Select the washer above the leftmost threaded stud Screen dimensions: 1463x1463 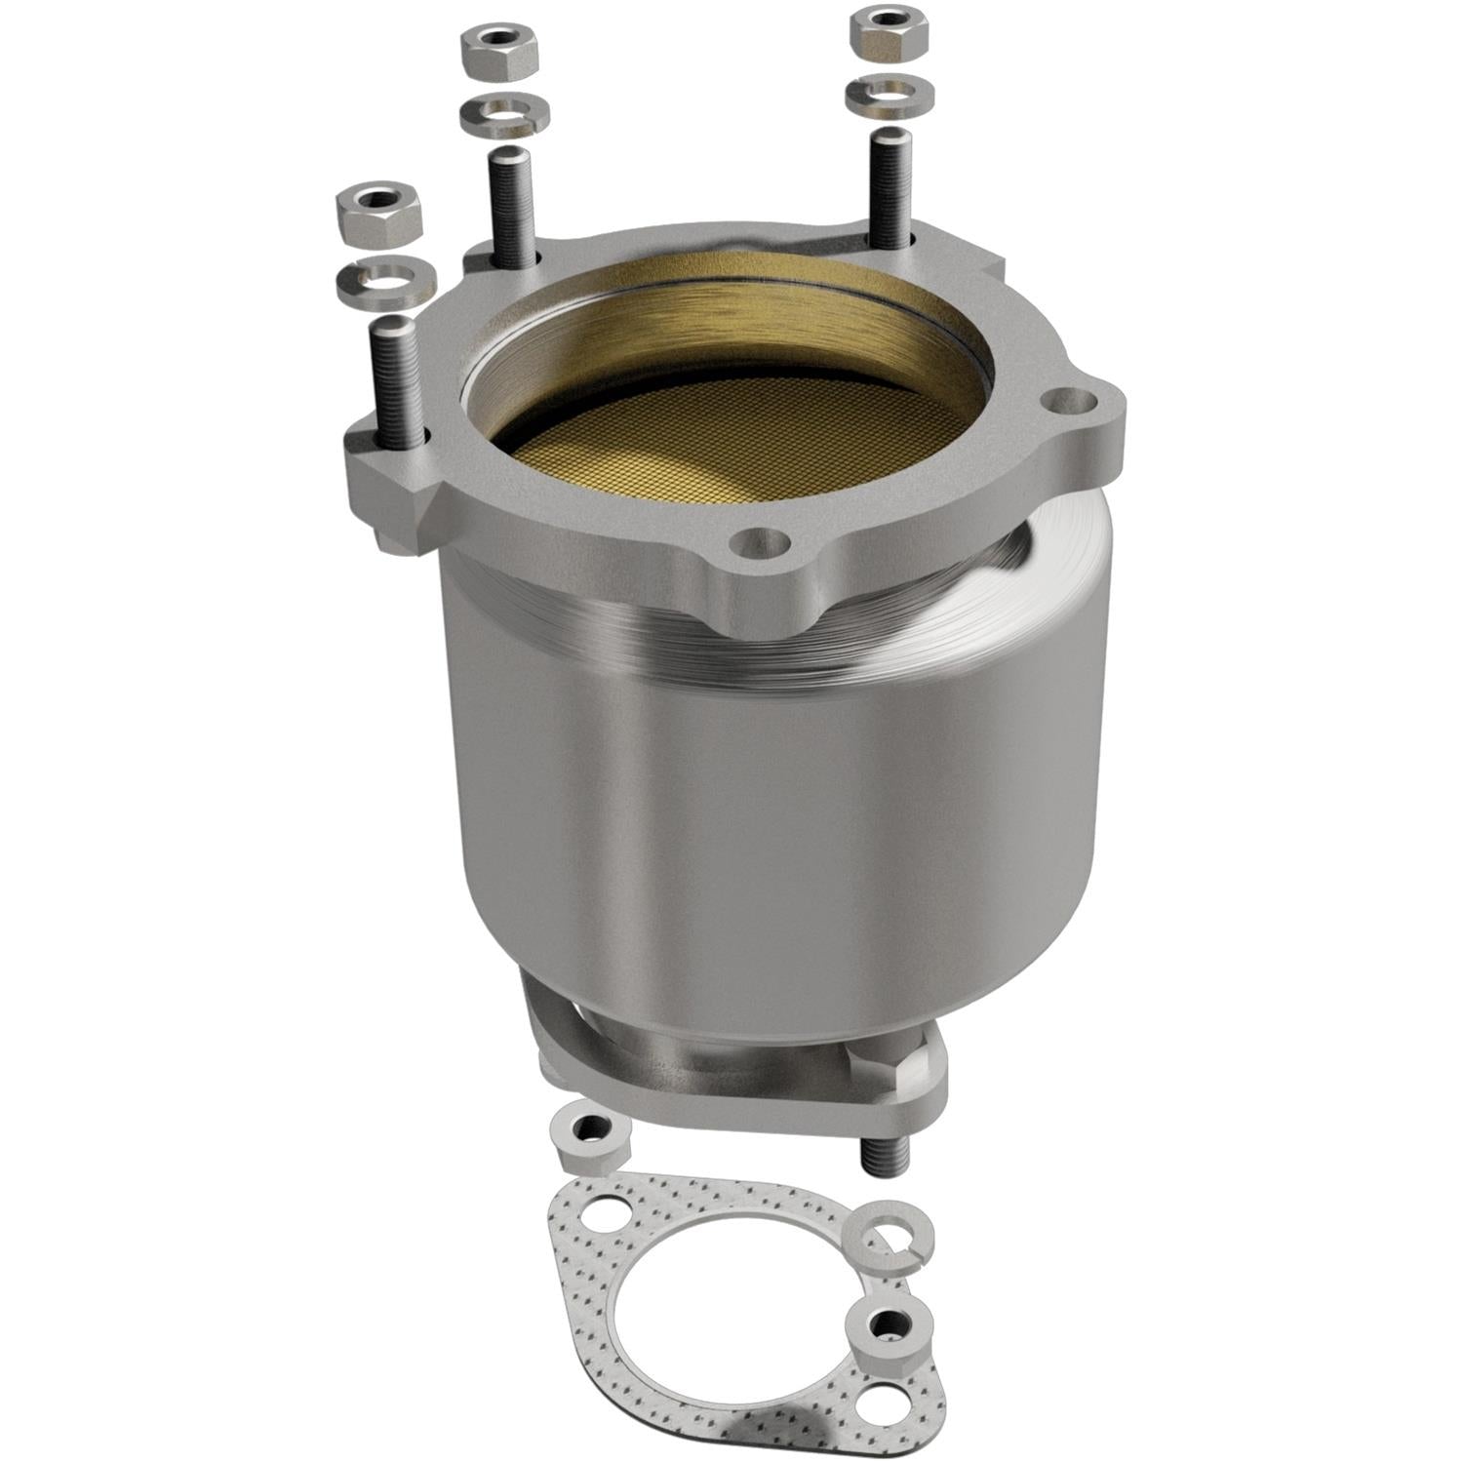(384, 280)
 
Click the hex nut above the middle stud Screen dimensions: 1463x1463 (500, 55)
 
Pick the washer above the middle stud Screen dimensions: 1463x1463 (502, 113)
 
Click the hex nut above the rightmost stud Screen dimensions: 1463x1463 (889, 32)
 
